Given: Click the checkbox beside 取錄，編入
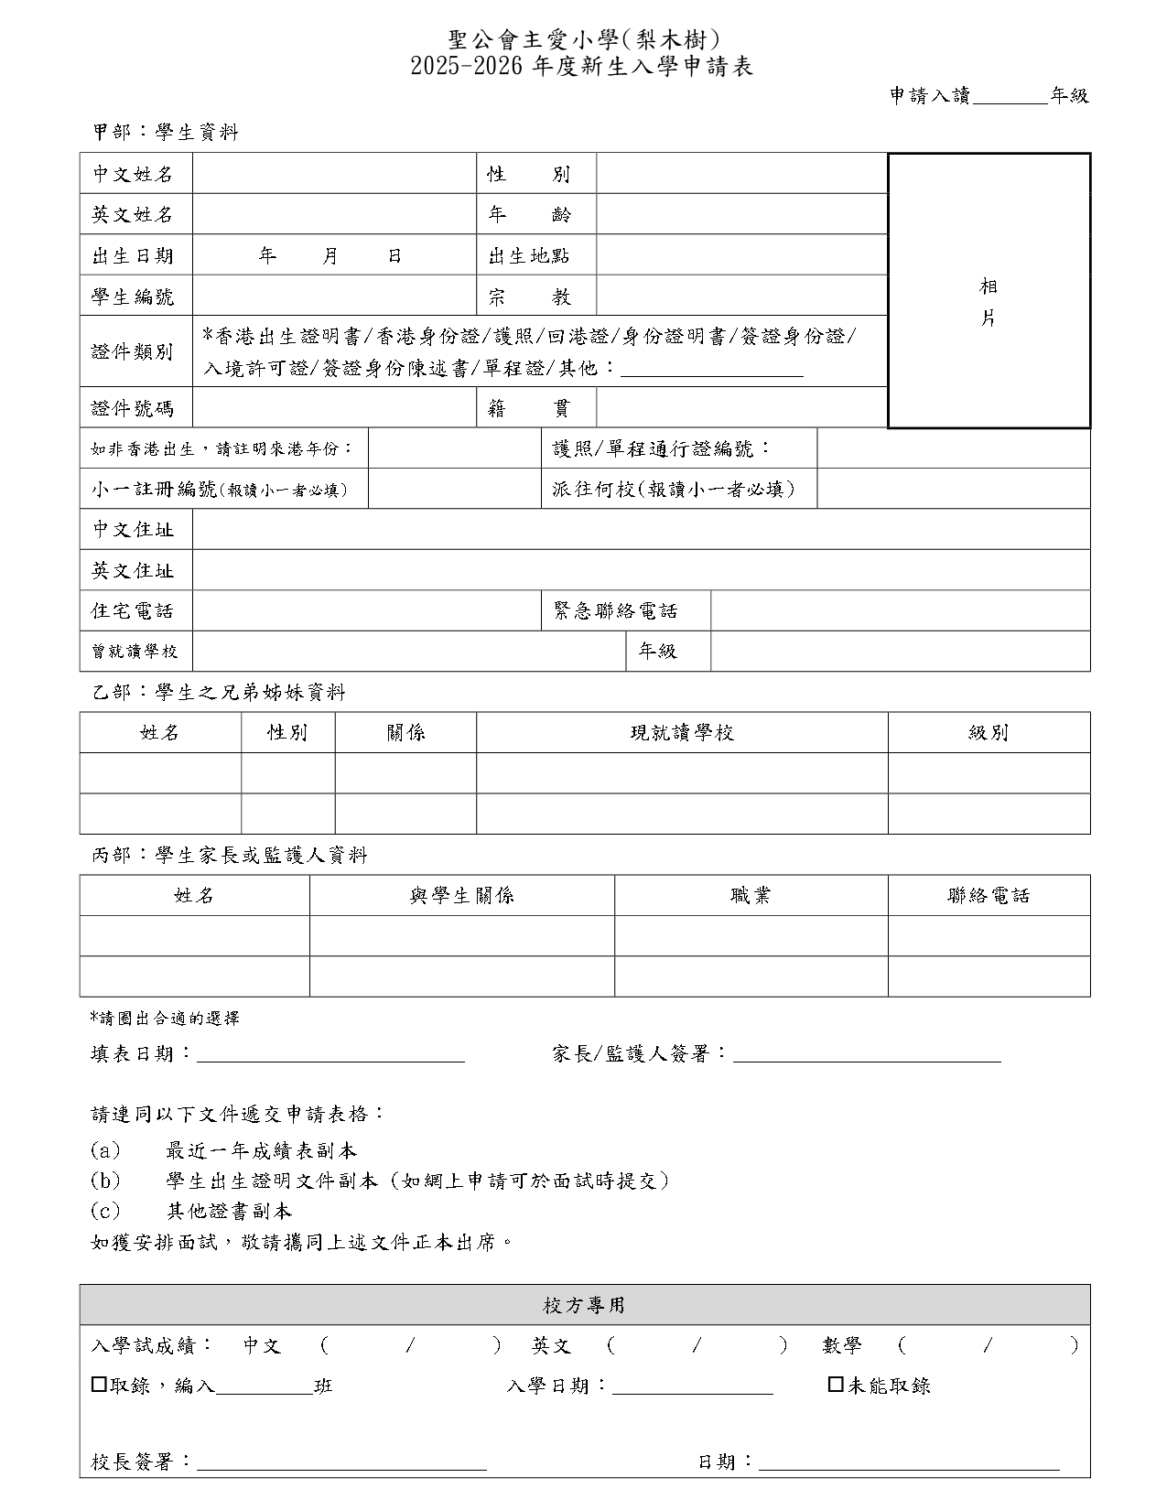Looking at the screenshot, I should click(x=99, y=1385).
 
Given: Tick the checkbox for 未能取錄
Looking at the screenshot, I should click(x=835, y=1385).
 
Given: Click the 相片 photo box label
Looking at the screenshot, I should click(x=989, y=302).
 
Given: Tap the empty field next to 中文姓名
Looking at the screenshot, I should click(x=334, y=174).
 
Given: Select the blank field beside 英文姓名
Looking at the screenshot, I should click(x=334, y=214).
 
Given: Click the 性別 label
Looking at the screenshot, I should click(x=529, y=174).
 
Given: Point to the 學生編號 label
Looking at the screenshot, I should click(x=133, y=297).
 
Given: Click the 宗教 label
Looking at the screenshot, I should click(x=529, y=297).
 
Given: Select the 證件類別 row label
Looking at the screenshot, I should click(x=133, y=351).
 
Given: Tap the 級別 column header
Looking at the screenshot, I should click(x=989, y=732).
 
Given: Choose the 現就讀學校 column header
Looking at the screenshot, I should click(x=682, y=732).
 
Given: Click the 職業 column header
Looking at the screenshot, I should click(x=751, y=895).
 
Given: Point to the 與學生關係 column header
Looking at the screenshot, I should click(x=461, y=895).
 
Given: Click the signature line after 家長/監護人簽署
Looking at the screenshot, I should click(x=867, y=1055).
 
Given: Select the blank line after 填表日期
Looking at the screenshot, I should click(x=330, y=1055).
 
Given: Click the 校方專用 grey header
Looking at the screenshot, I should click(x=584, y=1304).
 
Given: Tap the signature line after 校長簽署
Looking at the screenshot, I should click(x=341, y=1462).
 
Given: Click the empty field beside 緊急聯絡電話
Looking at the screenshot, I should click(x=900, y=610).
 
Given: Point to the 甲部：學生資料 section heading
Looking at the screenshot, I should click(x=166, y=133).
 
